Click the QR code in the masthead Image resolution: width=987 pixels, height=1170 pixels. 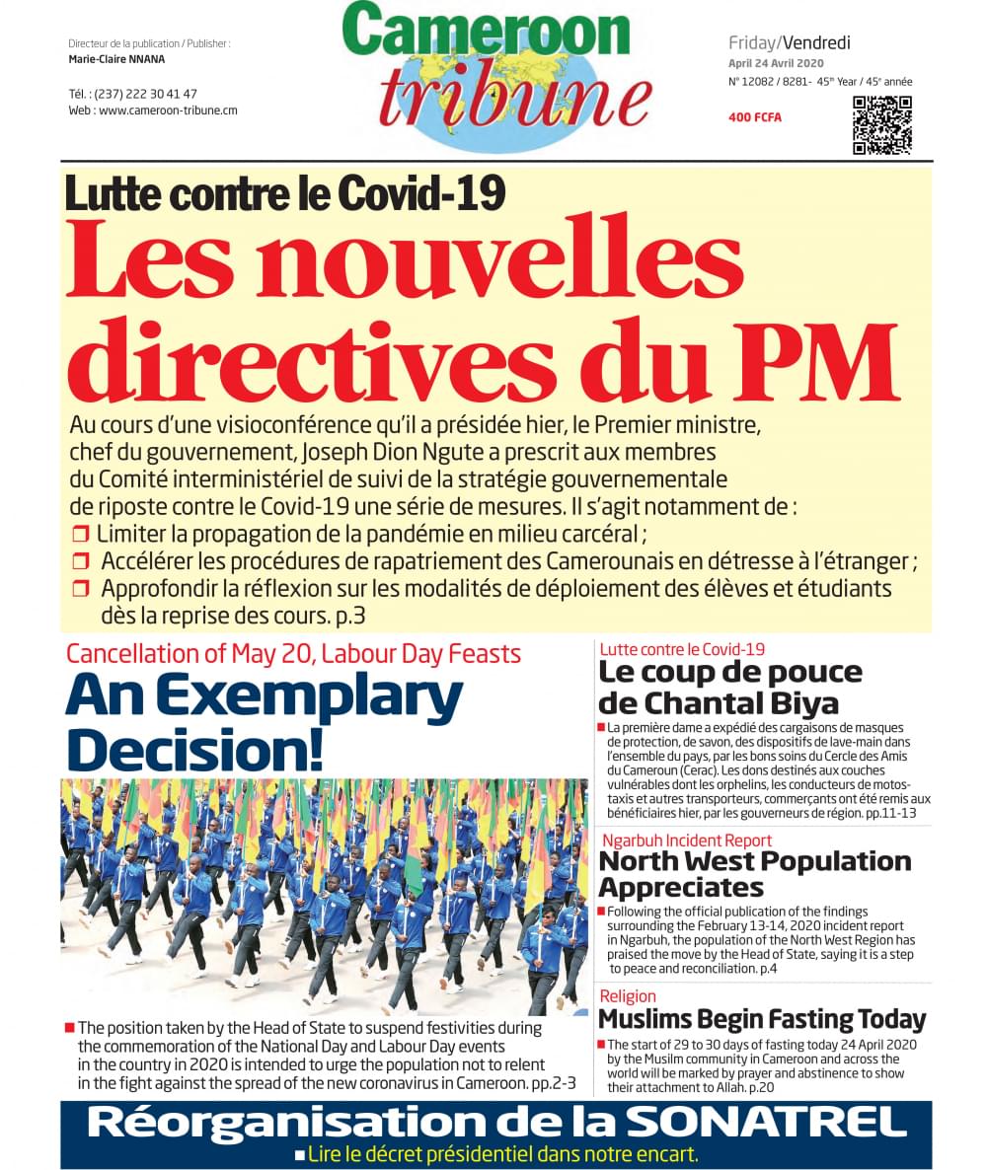tap(881, 124)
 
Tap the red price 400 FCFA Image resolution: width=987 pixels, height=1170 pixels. tap(754, 117)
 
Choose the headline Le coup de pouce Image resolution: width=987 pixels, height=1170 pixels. tap(729, 673)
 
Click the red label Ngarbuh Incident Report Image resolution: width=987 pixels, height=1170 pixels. tap(685, 841)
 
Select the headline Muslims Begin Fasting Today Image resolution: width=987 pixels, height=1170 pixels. tap(762, 1018)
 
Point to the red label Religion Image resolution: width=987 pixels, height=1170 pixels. tap(627, 996)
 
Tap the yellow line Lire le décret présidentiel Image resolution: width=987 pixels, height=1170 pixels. tap(502, 1153)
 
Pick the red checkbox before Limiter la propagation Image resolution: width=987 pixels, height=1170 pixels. tap(81, 535)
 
